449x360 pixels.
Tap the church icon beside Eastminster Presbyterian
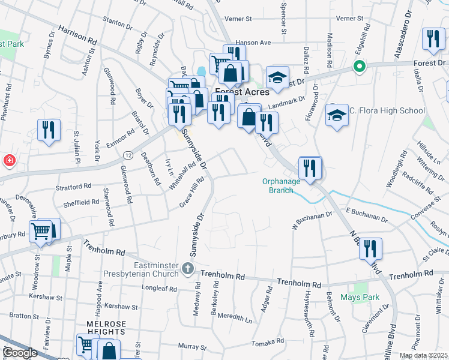[188, 268]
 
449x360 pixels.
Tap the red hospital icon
[8, 161]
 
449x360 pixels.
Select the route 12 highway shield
[128, 155]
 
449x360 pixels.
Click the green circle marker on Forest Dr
[360, 66]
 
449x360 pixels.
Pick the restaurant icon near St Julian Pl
[46, 130]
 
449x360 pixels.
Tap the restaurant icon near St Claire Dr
[370, 248]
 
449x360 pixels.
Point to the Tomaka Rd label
[268, 341]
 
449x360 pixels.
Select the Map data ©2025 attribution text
[423, 355]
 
